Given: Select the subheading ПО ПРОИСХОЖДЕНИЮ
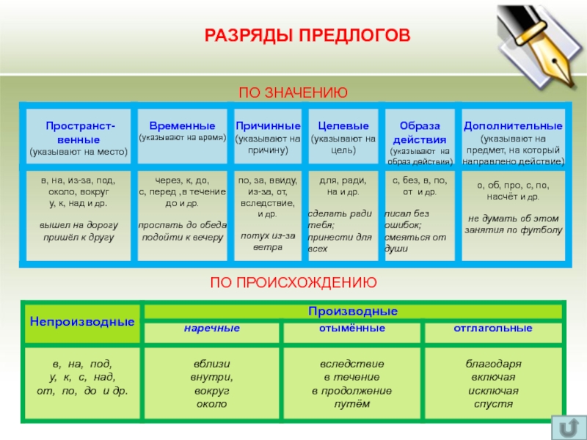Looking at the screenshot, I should tap(293, 282).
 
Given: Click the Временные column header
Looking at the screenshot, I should tap(182, 125).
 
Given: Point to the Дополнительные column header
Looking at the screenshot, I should tap(513, 125).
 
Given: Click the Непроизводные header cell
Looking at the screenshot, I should tap(82, 321).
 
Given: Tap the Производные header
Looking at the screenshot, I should tap(353, 311).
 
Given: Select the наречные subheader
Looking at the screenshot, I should tap(211, 329).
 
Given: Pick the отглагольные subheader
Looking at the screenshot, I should tap(493, 329).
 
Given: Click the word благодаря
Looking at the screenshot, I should tap(493, 364).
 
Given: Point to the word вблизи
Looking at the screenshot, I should tap(211, 364).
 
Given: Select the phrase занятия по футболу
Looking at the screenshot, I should tap(513, 230).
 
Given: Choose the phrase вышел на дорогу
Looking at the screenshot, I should tap(79, 224).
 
